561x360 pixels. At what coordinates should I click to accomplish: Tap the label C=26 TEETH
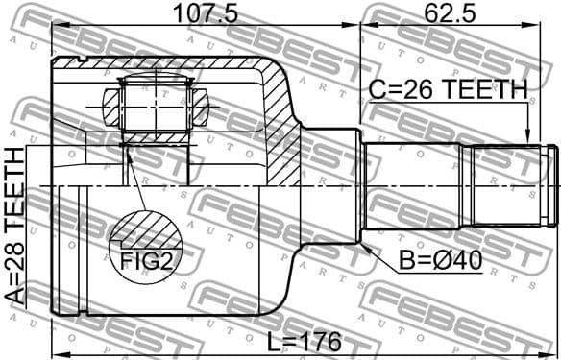click(x=448, y=90)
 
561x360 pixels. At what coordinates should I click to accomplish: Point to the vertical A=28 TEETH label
click(x=16, y=227)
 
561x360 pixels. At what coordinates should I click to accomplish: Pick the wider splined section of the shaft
click(x=496, y=185)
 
